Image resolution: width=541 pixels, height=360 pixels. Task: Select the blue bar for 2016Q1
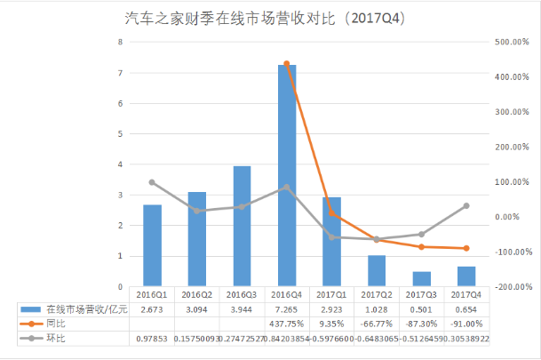[153, 246]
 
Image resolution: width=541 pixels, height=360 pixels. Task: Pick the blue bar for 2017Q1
[331, 242]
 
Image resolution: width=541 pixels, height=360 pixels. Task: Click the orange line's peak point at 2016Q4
[286, 64]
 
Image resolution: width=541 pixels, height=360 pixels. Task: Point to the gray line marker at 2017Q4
[466, 206]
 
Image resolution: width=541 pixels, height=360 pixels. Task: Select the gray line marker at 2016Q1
[153, 182]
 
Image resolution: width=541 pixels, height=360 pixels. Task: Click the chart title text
[271, 17]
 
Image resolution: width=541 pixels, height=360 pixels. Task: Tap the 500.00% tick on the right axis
[512, 42]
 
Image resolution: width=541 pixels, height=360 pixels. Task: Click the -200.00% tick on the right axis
[512, 287]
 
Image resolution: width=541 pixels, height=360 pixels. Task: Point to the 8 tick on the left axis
[119, 42]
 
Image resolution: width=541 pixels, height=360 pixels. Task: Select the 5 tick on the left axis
[119, 134]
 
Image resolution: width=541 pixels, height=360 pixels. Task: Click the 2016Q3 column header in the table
[242, 294]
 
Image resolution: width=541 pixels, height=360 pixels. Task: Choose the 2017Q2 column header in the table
[377, 294]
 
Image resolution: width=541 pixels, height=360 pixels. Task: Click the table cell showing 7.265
[286, 309]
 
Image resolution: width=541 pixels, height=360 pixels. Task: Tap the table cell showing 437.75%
[286, 324]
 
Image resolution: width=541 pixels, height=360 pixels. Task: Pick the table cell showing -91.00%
[466, 324]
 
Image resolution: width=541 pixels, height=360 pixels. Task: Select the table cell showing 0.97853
[153, 339]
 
